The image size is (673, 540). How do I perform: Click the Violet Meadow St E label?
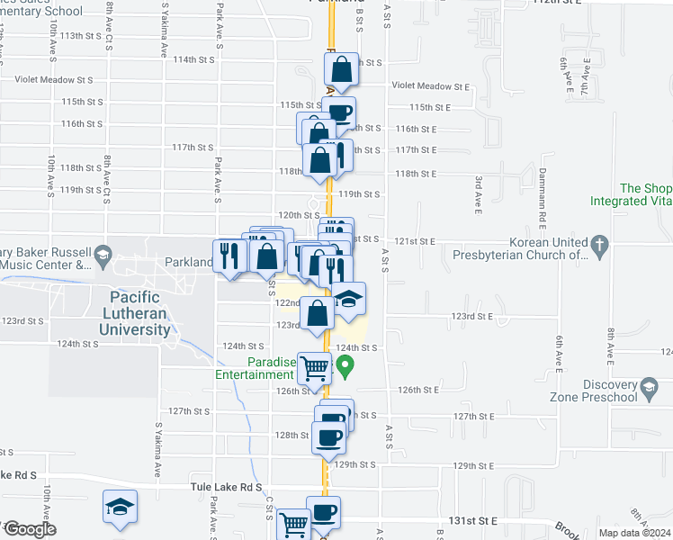tap(431, 86)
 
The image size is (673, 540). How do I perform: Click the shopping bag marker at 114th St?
tap(342, 67)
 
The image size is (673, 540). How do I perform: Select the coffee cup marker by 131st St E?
tap(324, 512)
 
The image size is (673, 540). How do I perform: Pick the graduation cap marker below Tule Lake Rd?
tap(120, 506)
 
